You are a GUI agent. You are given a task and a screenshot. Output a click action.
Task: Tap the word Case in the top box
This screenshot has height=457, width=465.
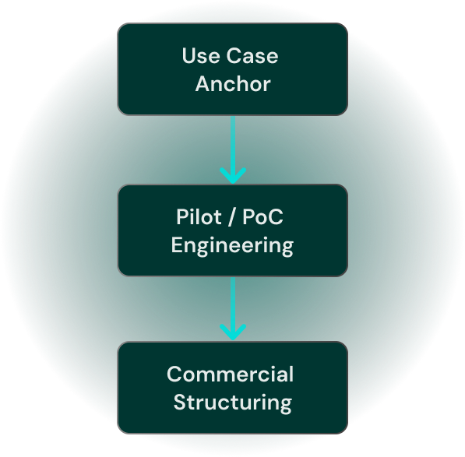(252, 56)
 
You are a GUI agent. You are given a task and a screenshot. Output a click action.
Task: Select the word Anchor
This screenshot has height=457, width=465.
(233, 83)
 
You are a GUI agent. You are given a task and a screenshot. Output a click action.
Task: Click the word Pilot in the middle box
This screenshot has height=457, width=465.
(199, 216)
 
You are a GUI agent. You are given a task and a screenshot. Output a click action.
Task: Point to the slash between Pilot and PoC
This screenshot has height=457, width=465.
(232, 217)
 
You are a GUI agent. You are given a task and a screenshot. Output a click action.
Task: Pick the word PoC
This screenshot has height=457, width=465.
(262, 216)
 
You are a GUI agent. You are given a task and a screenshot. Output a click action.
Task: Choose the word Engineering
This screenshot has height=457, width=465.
(232, 246)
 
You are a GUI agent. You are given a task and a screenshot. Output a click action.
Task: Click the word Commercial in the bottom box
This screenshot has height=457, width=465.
(230, 374)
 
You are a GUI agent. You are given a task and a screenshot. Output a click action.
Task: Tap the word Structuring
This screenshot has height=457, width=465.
(233, 403)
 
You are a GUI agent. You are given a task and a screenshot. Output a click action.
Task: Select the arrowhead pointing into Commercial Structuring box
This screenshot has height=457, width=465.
(233, 332)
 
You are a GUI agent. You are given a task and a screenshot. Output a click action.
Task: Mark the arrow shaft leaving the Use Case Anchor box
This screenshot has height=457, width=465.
(233, 146)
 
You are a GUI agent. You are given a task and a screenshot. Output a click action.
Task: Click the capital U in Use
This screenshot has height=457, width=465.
(188, 56)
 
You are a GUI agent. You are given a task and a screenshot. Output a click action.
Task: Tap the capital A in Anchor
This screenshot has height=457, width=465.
(203, 83)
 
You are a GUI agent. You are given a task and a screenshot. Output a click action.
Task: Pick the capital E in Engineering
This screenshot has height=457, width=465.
(177, 244)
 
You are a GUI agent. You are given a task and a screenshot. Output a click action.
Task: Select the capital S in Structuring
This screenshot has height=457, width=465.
(180, 402)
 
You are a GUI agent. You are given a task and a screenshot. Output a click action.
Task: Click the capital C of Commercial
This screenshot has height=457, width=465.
(175, 374)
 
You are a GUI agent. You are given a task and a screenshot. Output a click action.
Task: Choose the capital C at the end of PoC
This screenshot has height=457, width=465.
(276, 216)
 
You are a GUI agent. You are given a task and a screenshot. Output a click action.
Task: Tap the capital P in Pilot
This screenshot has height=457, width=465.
(182, 216)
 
